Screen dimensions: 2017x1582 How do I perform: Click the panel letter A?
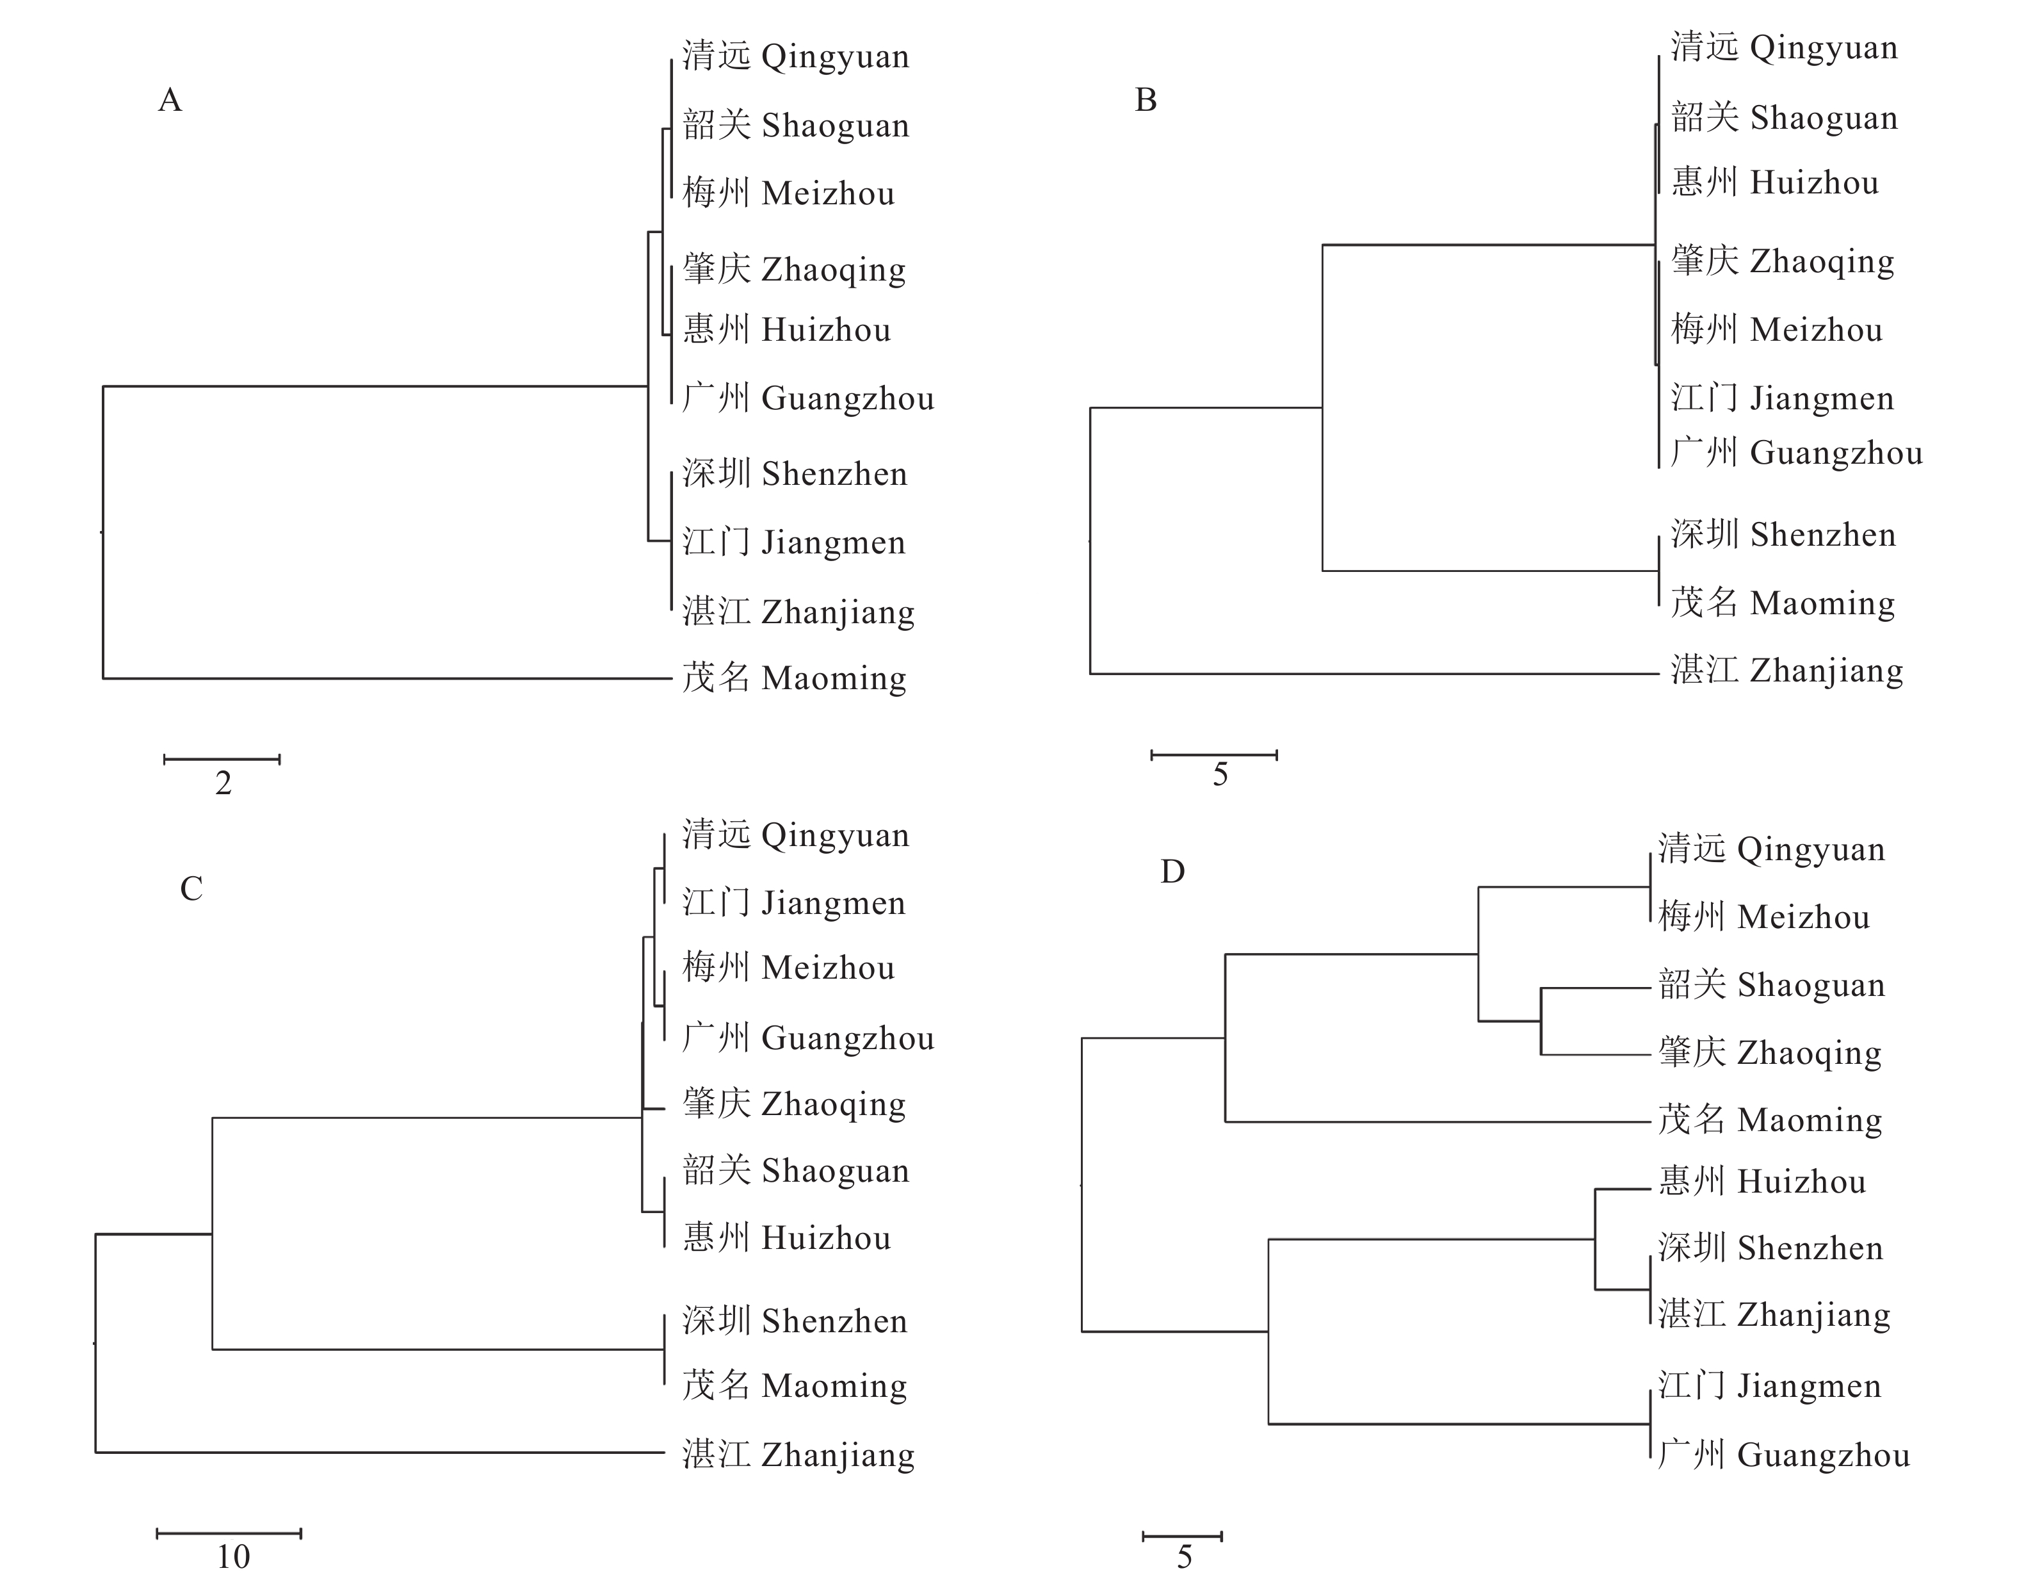click(170, 100)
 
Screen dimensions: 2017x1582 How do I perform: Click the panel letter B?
click(1146, 100)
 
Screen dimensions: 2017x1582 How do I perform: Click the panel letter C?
click(191, 889)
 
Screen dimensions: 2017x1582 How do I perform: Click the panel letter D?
click(1172, 872)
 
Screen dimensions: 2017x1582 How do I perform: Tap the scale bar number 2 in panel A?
click(223, 783)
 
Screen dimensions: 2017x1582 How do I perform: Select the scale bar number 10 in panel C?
click(233, 1557)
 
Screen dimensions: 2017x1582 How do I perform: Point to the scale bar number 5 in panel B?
click(1220, 774)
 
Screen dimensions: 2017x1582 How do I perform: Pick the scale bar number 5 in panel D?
click(1185, 1557)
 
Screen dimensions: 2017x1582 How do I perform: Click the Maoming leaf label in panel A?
click(795, 678)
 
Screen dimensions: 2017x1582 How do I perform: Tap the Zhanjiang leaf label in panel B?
click(1786, 671)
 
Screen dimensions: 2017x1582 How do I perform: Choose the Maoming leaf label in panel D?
click(1770, 1120)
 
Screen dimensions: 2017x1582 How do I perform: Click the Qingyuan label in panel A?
click(795, 56)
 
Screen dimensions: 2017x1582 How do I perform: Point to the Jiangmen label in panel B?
click(1783, 398)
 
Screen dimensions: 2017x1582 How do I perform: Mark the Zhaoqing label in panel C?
click(793, 1104)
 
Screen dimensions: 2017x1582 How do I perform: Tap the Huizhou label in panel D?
click(1762, 1181)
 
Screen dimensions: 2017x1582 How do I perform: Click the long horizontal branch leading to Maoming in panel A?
click(387, 679)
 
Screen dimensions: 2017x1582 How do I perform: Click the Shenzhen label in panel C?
click(795, 1321)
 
